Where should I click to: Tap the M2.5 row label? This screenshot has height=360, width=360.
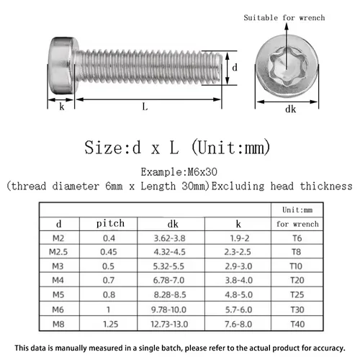(59, 251)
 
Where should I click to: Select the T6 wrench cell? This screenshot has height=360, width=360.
(297, 238)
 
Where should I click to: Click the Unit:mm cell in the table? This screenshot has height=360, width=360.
(297, 210)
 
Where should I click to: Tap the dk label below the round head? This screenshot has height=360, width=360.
(291, 109)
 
